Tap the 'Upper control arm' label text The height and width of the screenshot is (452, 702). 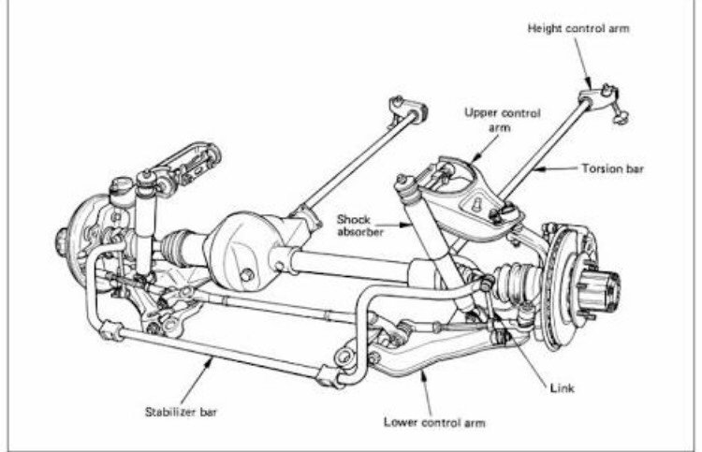[x=503, y=120]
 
